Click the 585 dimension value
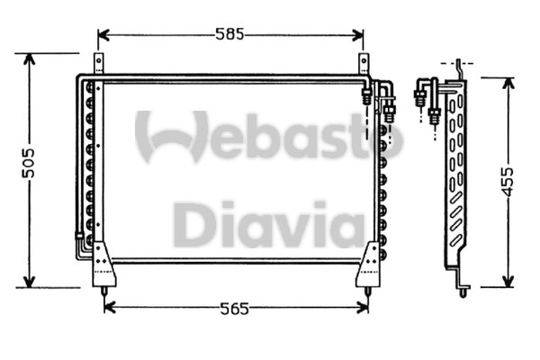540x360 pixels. point(230,35)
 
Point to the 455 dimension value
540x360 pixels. point(508,183)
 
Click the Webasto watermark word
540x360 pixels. point(270,137)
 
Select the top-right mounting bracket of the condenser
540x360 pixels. point(364,66)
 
